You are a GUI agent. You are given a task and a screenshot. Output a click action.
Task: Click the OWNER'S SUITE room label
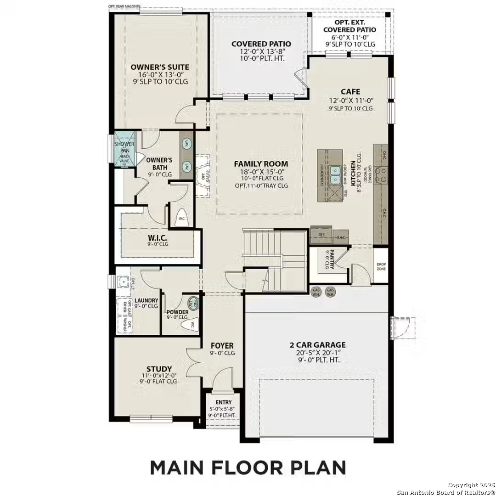pyautogui.click(x=159, y=67)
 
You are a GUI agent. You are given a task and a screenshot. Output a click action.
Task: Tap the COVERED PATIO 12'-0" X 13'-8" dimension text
pyautogui.click(x=261, y=51)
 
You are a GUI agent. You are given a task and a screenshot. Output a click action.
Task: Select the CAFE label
pyautogui.click(x=350, y=91)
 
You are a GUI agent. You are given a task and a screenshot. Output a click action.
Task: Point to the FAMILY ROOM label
pyautogui.click(x=261, y=163)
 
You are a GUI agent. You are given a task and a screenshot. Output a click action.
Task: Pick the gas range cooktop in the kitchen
pyautogui.click(x=381, y=174)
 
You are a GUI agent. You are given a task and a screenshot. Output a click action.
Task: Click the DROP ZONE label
pyautogui.click(x=381, y=266)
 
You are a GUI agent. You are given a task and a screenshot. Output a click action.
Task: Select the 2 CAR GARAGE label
pyautogui.click(x=317, y=344)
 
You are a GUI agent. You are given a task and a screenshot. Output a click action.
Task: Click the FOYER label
pyautogui.click(x=222, y=345)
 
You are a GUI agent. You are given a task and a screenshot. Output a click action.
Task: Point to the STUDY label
pyautogui.click(x=159, y=369)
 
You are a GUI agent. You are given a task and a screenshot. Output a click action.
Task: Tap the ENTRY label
pyautogui.click(x=223, y=402)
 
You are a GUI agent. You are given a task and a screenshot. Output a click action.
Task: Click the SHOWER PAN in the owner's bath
pyautogui.click(x=124, y=148)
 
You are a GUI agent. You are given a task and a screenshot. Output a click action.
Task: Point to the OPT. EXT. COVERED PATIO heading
pyautogui.click(x=349, y=26)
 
